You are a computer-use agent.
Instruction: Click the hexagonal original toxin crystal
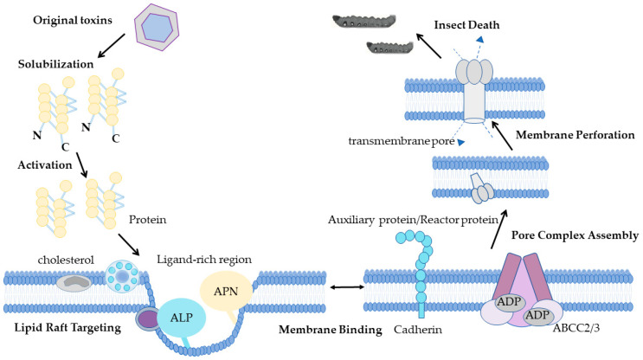[157, 27]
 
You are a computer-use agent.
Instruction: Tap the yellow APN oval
[226, 291]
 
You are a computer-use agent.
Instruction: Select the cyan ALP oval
[181, 318]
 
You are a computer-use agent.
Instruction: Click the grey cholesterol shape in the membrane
[74, 282]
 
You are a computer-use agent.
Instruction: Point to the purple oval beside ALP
[148, 318]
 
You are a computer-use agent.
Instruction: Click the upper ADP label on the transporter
[509, 302]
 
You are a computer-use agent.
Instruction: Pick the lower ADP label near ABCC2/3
[537, 316]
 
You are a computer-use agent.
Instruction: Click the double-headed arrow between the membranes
[347, 287]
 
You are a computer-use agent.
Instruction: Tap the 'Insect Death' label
[466, 25]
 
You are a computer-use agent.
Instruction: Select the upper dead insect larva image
[364, 22]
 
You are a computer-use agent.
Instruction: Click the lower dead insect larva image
[390, 48]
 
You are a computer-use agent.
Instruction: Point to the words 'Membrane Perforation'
[575, 135]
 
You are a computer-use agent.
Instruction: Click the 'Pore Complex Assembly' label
[575, 235]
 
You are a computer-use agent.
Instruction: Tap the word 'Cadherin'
[418, 330]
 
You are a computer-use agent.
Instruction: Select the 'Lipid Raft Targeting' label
[68, 328]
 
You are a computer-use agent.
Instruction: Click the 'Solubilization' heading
[55, 64]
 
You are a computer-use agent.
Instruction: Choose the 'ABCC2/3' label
[575, 328]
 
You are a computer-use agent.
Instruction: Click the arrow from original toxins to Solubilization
[111, 46]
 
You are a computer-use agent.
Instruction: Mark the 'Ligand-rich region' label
[204, 260]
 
